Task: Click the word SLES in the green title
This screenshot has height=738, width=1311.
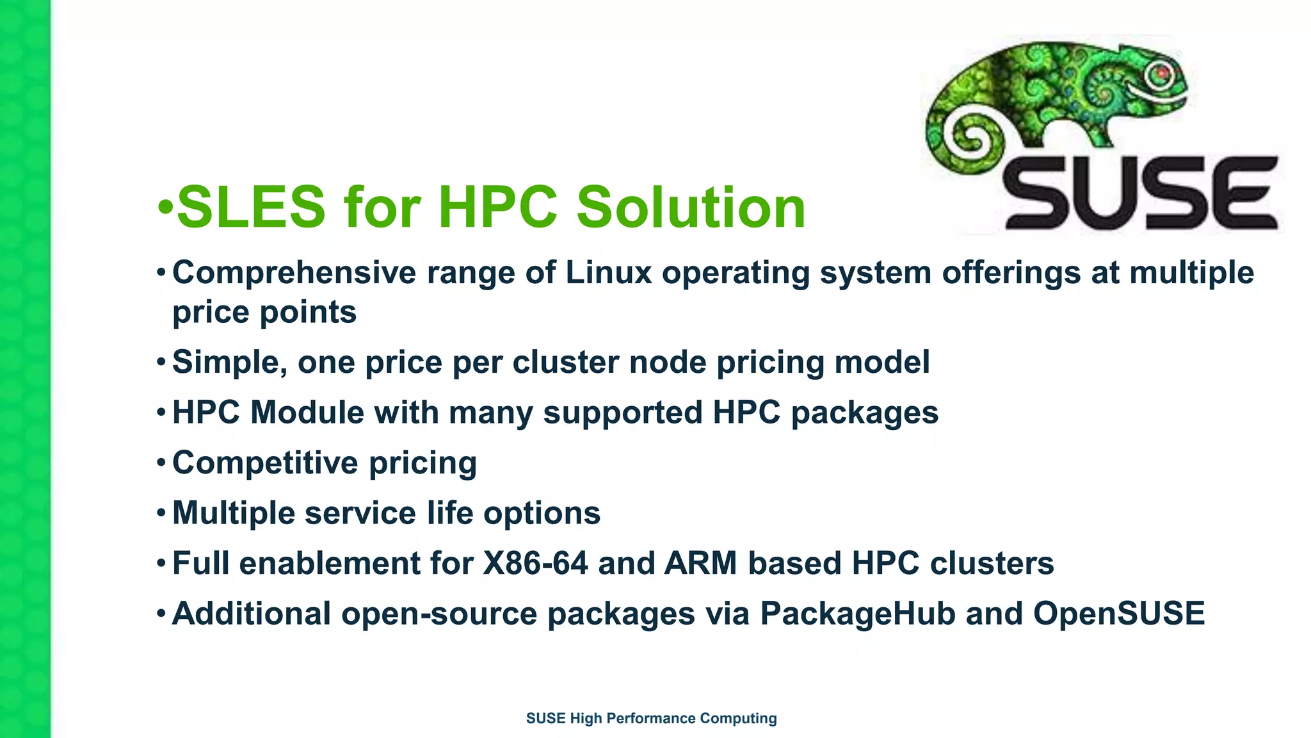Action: click(251, 207)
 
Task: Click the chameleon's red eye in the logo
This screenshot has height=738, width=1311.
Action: click(1162, 72)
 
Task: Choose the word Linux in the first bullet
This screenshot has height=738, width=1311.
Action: click(608, 273)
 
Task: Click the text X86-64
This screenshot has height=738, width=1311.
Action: click(535, 564)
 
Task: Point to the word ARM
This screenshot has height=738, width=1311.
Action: click(700, 564)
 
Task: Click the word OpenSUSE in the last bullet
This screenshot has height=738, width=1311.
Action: click(1119, 614)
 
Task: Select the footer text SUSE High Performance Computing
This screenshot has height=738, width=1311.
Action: click(651, 718)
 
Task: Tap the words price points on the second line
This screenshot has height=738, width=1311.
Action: click(264, 313)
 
